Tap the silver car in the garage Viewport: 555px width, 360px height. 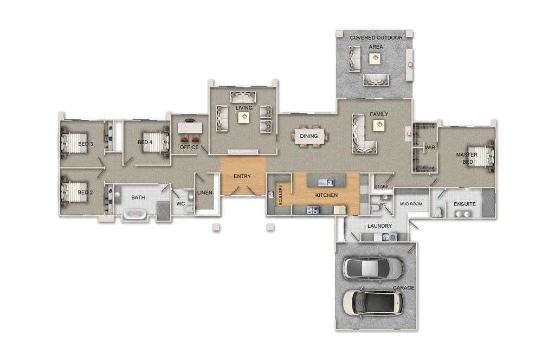pos(373,267)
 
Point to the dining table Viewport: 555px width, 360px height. pos(309,136)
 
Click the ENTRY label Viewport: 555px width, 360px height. pos(242,176)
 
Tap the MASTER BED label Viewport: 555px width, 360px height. pos(466,158)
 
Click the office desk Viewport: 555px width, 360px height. pos(190,127)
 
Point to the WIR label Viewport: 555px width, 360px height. pos(430,147)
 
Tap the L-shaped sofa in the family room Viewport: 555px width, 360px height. pos(362,136)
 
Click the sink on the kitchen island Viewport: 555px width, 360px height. pos(326,181)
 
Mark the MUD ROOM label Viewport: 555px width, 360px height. pos(411,204)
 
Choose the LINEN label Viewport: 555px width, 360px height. pos(204,192)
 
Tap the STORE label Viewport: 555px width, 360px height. pos(382,188)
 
